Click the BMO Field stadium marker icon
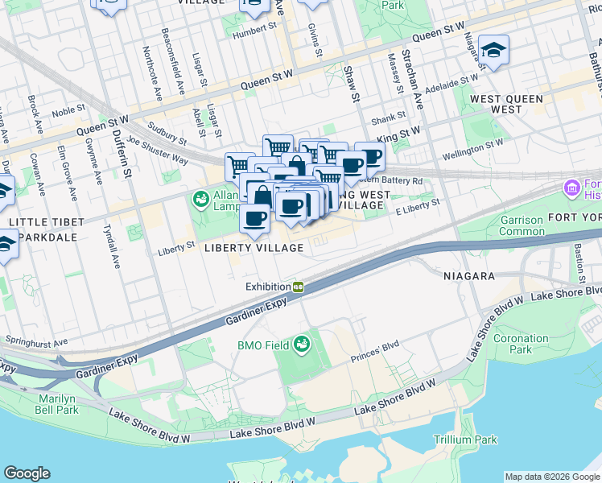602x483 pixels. click(x=302, y=345)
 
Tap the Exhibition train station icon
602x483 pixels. click(x=298, y=287)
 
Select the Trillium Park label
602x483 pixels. click(x=465, y=440)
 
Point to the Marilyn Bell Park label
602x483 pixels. click(x=58, y=404)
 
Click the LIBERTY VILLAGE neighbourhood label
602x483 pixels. click(x=253, y=248)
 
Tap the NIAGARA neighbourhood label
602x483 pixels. click(x=468, y=275)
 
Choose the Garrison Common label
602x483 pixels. click(x=521, y=225)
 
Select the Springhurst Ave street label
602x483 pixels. click(x=35, y=341)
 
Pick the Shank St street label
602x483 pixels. click(x=387, y=121)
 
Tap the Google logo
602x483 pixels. click(x=27, y=473)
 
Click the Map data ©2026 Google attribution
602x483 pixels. click(x=552, y=476)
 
